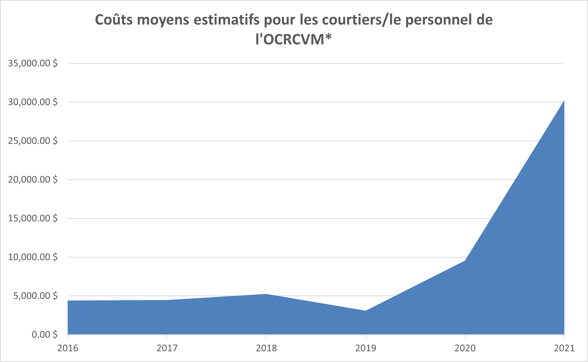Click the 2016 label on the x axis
tap(68, 348)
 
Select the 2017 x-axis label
tap(167, 348)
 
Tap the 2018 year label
tap(266, 348)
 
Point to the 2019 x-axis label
tap(365, 348)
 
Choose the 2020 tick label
tap(465, 348)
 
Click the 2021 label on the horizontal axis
tap(564, 348)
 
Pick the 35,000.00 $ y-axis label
tap(33, 63)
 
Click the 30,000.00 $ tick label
tap(33, 102)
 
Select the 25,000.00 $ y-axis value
tap(33, 141)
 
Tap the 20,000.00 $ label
tap(33, 180)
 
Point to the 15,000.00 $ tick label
tap(33, 218)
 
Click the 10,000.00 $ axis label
tap(33, 257)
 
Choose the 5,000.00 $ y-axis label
tap(35, 296)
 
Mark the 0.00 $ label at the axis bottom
tap(45, 335)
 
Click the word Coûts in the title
tap(114, 20)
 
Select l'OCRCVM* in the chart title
tap(293, 39)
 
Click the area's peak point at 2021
tap(564, 101)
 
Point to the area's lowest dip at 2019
tap(365, 311)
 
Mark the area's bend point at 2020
tap(465, 261)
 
